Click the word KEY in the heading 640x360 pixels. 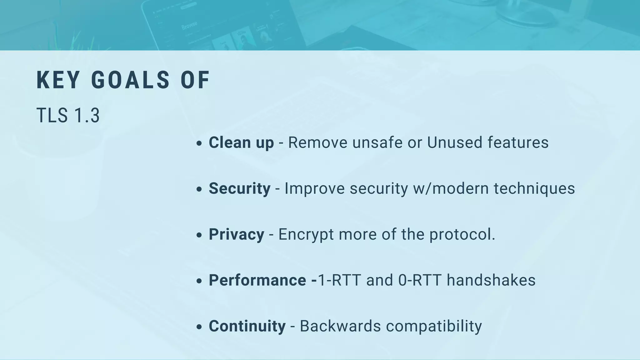58,80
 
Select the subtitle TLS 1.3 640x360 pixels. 68,115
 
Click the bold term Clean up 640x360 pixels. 241,142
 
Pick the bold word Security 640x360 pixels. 240,188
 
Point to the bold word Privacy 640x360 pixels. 237,234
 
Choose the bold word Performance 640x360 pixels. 257,280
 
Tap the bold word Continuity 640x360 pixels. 247,326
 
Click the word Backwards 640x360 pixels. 340,326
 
